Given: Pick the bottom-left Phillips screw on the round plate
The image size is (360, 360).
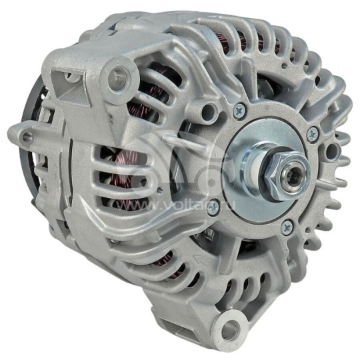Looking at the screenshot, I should click(x=213, y=209).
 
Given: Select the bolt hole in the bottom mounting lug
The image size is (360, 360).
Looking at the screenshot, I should click(x=229, y=329).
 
